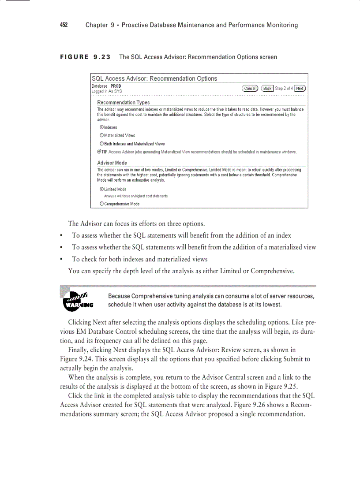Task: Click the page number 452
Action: [x=64, y=25]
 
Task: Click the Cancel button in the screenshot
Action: [x=250, y=88]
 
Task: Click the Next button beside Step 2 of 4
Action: [x=300, y=88]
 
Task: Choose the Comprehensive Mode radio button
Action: [x=102, y=204]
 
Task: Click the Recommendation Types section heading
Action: [x=123, y=102]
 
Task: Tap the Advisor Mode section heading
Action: [x=112, y=163]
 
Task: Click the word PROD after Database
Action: [x=116, y=86]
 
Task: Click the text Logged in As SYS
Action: [x=107, y=91]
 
